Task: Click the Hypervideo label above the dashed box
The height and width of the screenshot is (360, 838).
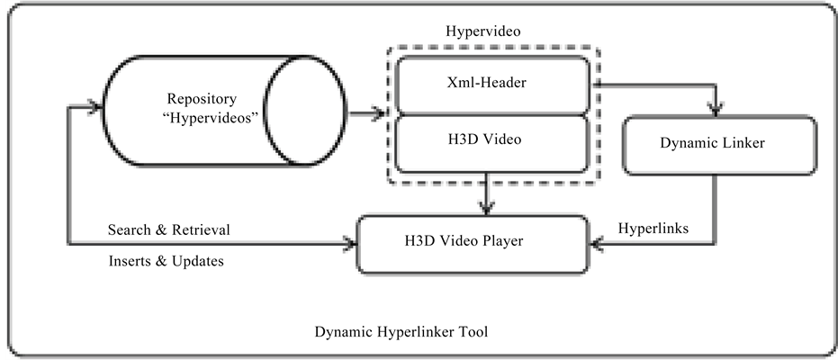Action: [483, 31]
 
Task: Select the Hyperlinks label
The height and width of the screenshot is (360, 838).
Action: [653, 229]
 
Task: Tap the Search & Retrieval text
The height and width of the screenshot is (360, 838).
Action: [168, 229]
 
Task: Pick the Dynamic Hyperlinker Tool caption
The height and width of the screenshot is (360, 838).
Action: [401, 331]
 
